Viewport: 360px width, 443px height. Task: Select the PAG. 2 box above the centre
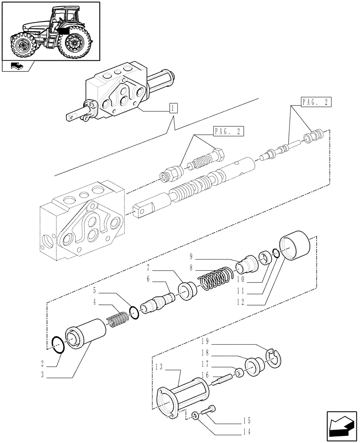[x=229, y=132]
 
